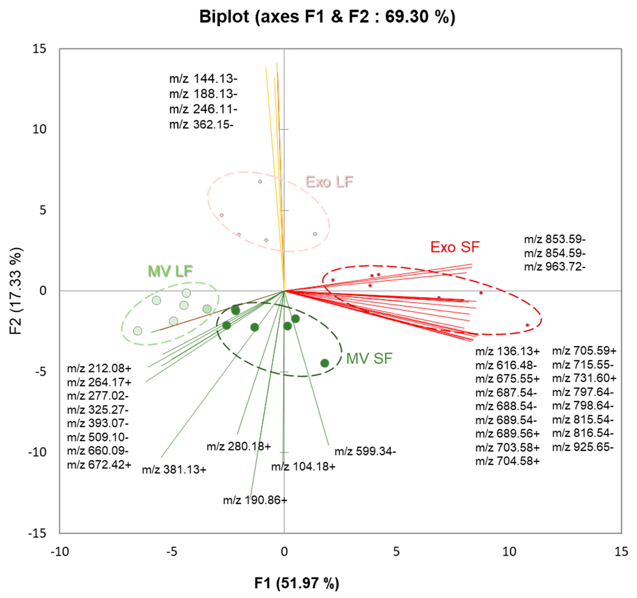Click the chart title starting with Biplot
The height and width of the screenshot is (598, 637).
point(327,17)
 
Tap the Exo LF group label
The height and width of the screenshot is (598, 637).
point(329,182)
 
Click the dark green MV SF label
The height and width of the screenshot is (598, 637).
point(369,358)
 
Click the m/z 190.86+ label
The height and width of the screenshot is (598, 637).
point(255,500)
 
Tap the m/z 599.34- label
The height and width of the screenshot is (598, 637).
point(365,451)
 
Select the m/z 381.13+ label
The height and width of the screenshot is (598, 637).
point(174,470)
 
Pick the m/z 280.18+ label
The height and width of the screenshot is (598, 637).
point(239,446)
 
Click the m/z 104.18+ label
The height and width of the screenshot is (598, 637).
point(303,467)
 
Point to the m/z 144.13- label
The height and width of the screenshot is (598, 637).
point(203,79)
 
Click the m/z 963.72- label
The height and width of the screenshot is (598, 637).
point(555,266)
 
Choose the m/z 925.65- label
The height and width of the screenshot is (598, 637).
point(583,447)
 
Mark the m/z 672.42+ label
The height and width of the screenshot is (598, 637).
point(99,464)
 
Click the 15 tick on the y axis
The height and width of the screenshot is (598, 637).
point(39,49)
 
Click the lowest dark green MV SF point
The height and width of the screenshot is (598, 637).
point(325,363)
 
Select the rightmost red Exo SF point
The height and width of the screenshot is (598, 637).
point(527,325)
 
